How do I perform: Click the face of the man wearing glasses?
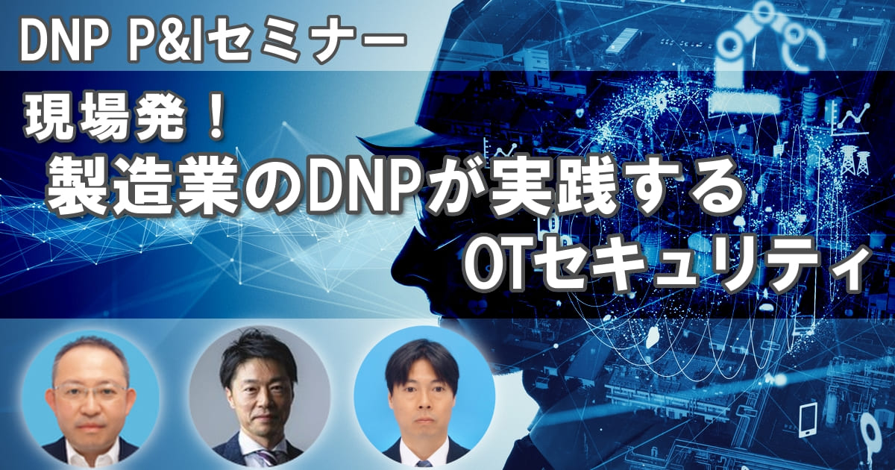click(x=89, y=395)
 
